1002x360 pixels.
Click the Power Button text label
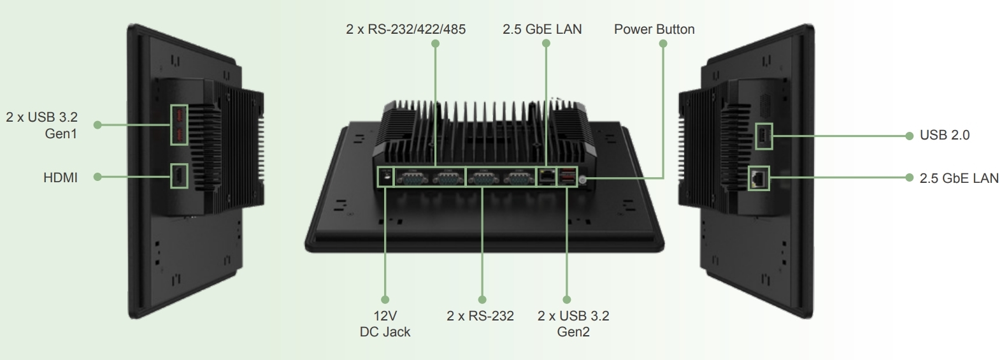coord(654,29)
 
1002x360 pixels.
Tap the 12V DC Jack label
coord(385,324)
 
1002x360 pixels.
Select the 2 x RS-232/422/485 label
coord(406,29)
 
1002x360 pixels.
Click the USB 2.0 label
coord(945,135)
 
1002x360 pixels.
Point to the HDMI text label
coord(61,178)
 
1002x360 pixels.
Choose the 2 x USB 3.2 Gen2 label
coord(573,324)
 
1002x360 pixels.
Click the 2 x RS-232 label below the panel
coord(480,316)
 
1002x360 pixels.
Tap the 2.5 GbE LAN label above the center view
coord(542,29)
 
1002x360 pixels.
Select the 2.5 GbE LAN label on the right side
coord(959,178)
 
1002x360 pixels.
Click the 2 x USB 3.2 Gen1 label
coord(42,126)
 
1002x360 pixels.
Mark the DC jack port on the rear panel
coord(385,174)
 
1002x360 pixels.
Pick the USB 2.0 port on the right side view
coord(763,136)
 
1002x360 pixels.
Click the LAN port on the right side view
coord(758,178)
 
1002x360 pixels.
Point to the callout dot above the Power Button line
coord(662,44)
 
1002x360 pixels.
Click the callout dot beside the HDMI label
coord(97,176)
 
